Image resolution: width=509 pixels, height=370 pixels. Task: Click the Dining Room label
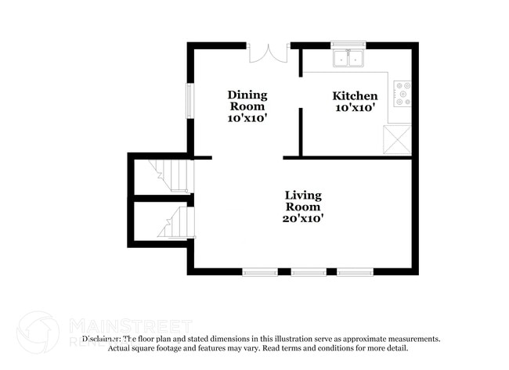tap(247, 101)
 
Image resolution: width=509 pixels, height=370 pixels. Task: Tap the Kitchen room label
tap(356, 95)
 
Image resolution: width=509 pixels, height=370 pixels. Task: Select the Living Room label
tap(303, 201)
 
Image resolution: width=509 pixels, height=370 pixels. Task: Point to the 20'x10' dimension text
tap(303, 219)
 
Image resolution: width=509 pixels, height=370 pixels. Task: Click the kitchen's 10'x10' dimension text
tap(356, 109)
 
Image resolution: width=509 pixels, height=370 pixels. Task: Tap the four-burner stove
tap(403, 93)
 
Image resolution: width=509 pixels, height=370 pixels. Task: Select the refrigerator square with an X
tap(397, 139)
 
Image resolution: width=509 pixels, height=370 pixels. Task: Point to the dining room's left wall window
tap(188, 99)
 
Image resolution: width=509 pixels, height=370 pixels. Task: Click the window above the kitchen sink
tap(349, 45)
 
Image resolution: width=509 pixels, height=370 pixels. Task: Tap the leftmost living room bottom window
tap(260, 272)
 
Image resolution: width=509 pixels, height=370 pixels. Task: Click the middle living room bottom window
tap(308, 272)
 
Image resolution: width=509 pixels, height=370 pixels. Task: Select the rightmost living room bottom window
tap(356, 272)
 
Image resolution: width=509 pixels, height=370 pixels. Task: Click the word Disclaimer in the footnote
tap(101, 339)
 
